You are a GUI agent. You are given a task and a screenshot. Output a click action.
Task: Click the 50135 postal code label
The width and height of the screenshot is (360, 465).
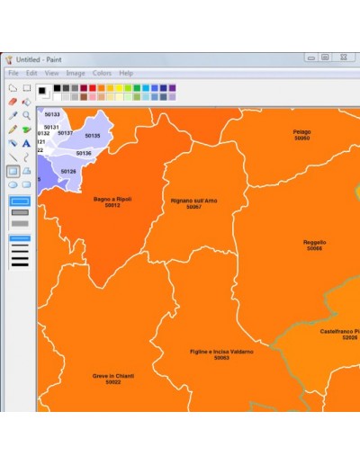[93, 136]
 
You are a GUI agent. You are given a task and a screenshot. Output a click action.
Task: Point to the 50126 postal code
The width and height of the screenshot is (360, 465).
[68, 171]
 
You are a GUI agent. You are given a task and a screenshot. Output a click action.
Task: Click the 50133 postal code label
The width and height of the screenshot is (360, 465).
[52, 114]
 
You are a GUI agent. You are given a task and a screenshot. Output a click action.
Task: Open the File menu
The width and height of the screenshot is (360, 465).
[13, 73]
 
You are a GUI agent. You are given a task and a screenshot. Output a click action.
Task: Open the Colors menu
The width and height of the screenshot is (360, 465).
[102, 73]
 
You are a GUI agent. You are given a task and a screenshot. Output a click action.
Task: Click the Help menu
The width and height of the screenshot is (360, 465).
[126, 73]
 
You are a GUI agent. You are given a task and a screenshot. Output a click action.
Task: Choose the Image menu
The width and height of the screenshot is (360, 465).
[76, 73]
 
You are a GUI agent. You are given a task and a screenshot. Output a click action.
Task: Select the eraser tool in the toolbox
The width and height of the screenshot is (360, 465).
[13, 102]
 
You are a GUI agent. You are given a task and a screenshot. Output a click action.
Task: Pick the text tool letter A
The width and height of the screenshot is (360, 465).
[26, 142]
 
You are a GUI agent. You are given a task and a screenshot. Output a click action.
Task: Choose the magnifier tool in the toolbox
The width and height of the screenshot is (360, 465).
[26, 115]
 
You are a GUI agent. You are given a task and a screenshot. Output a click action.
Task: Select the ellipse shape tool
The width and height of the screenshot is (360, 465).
[13, 183]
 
